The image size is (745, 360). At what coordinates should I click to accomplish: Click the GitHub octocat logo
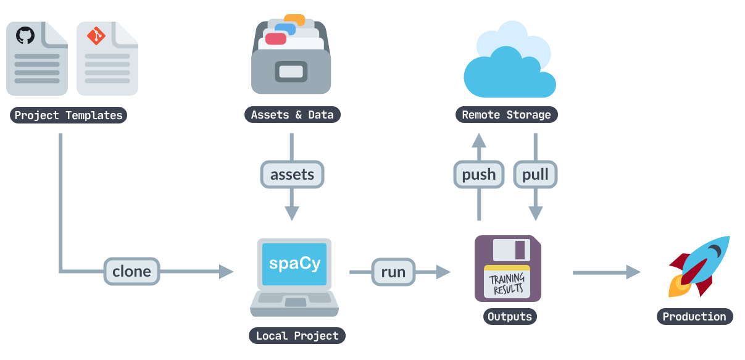25,35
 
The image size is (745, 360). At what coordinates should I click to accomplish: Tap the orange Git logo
96,36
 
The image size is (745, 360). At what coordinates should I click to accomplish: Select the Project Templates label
69,115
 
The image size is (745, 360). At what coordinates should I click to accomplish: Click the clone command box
131,272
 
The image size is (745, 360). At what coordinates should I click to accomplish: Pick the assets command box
292,174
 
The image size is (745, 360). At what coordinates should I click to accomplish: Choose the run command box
393,272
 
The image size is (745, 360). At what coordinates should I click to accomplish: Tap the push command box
479,174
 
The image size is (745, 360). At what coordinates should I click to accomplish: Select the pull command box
536,174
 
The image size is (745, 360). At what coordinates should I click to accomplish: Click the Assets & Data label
293,115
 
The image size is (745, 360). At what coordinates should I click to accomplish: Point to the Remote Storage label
507,115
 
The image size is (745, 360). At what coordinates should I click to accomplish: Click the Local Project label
297,336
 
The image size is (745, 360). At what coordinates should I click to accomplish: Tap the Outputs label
510,316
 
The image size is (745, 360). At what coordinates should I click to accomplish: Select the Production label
695,316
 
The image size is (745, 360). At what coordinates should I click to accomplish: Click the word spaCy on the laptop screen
294,264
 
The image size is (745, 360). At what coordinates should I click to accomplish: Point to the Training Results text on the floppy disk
507,283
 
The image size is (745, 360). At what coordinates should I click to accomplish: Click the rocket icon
699,266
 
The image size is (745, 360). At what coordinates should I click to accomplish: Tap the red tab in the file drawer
276,39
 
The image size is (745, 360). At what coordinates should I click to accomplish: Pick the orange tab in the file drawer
294,20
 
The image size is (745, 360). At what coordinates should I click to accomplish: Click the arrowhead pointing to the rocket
633,272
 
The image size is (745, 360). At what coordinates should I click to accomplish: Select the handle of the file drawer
291,72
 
